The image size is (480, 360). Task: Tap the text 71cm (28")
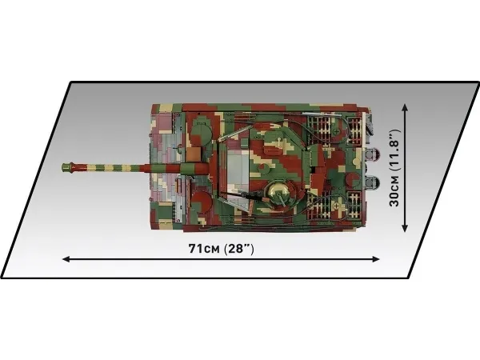[x=221, y=249]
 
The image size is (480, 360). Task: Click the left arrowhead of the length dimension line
[x=66, y=259]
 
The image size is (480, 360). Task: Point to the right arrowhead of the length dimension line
[x=376, y=259]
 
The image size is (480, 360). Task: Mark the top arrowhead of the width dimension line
[x=405, y=108]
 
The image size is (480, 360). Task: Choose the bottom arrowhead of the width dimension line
[x=405, y=227]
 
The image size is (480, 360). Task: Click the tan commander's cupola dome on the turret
[x=278, y=190]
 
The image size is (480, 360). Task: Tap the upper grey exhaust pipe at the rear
[x=373, y=154]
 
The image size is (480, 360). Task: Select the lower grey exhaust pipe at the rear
[x=373, y=182]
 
